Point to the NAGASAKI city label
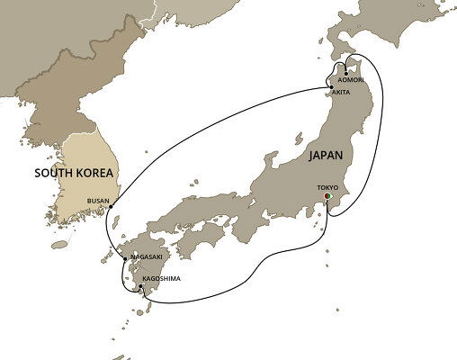[146, 257]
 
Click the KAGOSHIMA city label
[162, 279]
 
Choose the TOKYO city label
[328, 189]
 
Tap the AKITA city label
[340, 93]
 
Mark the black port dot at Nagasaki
[125, 259]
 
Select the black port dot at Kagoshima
[141, 287]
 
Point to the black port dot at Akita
[331, 87]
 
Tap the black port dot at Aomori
[346, 73]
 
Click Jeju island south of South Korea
[59, 244]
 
